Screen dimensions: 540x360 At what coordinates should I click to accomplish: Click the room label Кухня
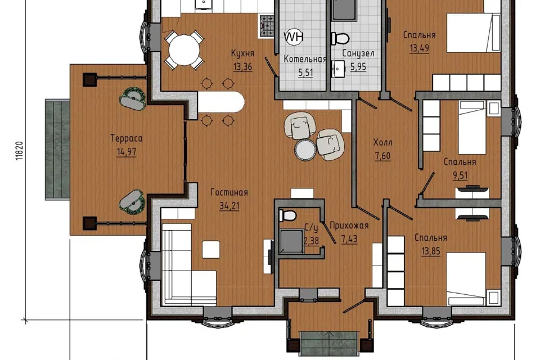tap(242, 53)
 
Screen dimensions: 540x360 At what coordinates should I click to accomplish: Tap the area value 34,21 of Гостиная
tap(229, 206)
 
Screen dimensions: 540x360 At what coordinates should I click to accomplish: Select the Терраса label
tap(127, 138)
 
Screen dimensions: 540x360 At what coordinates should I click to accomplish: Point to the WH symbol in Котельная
tap(294, 37)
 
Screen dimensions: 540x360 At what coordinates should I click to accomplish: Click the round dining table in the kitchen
tap(184, 50)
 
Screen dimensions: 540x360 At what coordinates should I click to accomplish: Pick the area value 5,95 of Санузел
tap(358, 67)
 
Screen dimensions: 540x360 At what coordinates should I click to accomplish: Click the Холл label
tap(382, 142)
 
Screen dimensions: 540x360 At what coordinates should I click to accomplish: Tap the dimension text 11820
tap(19, 151)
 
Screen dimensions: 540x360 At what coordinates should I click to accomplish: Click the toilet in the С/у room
tap(287, 216)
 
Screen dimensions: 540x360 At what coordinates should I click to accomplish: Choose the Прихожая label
tap(349, 226)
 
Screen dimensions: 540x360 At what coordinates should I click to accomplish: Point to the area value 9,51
tap(460, 175)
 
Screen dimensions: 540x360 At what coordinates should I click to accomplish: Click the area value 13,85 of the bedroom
tap(431, 251)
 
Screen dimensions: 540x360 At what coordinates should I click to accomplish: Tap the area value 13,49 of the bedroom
tap(420, 48)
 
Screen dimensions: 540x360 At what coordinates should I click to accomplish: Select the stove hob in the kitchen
tap(267, 26)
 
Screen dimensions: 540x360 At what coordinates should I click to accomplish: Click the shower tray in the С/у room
tap(292, 241)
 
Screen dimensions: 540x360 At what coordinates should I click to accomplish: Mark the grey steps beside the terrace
tap(57, 149)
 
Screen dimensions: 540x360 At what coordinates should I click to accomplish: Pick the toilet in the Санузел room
tap(340, 38)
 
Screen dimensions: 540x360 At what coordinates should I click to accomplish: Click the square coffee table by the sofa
tap(211, 249)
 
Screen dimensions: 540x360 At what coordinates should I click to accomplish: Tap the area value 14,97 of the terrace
tap(127, 152)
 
